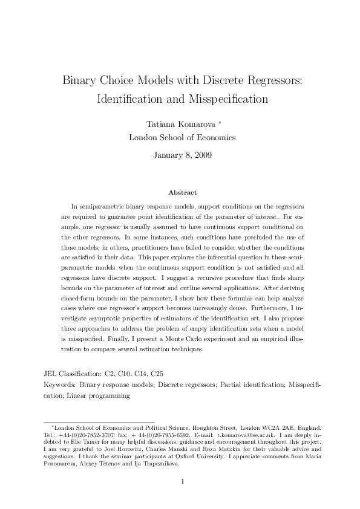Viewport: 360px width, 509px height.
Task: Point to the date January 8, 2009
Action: (180, 155)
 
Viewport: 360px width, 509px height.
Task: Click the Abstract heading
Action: (182, 192)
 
